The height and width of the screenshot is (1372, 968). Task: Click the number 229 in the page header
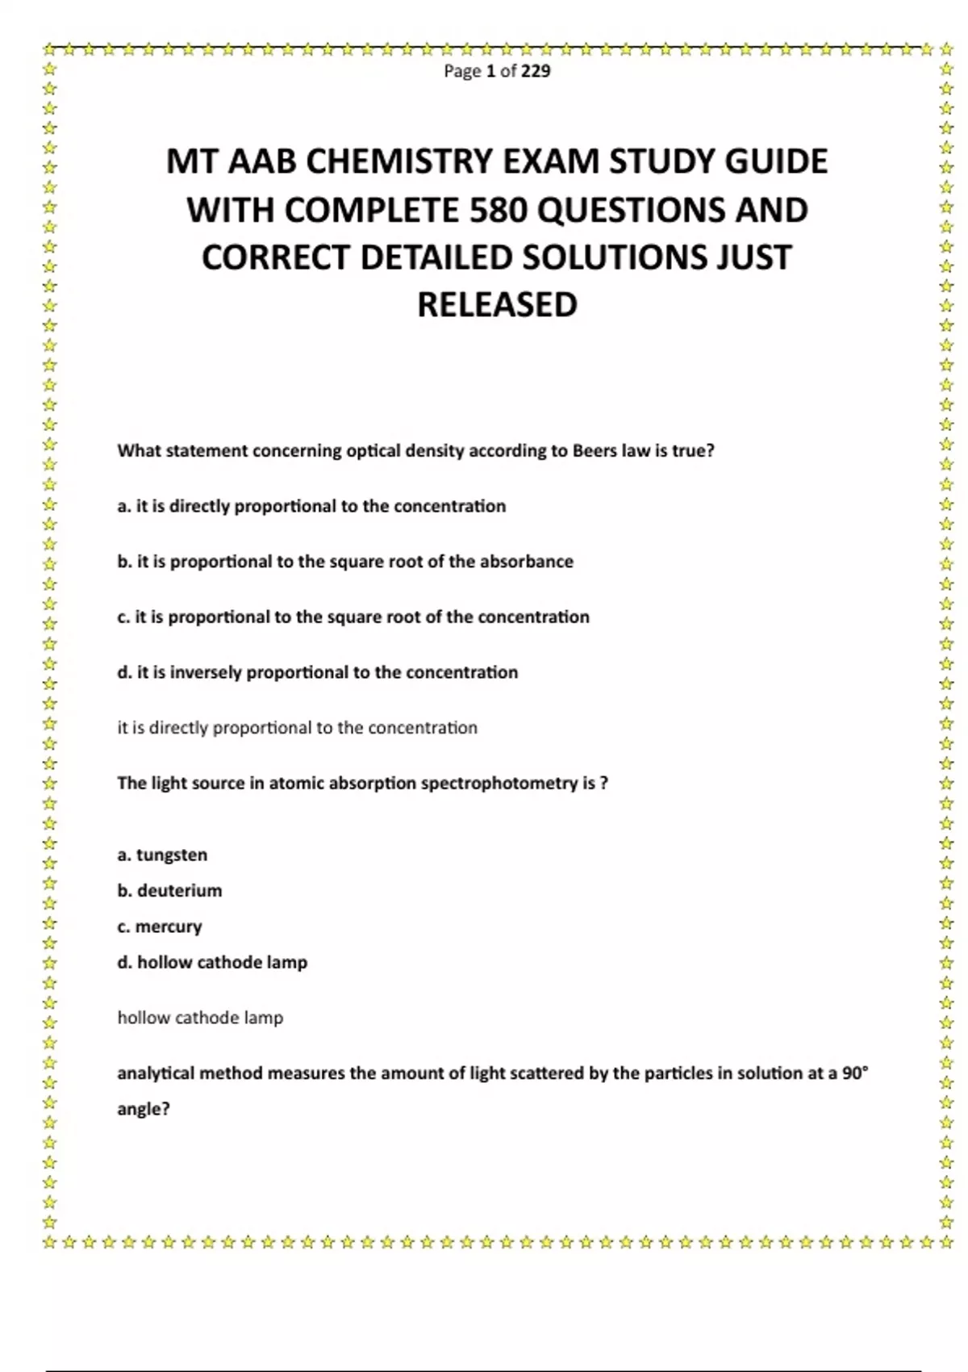[x=536, y=71]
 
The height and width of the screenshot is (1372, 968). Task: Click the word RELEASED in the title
[x=497, y=305]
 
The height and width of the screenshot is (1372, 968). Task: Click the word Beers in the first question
[x=595, y=451]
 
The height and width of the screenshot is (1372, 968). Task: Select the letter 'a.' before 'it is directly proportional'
[x=124, y=507]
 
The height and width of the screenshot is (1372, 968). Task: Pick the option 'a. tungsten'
[x=162, y=855]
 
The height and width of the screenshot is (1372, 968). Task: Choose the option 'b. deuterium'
[x=169, y=891]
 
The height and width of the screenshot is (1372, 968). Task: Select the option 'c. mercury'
[x=160, y=927]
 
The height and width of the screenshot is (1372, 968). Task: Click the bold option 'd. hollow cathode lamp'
[x=212, y=962]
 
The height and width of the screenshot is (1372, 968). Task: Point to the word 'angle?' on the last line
[x=144, y=1109]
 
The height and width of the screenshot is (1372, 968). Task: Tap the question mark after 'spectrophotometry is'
[x=604, y=783]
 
